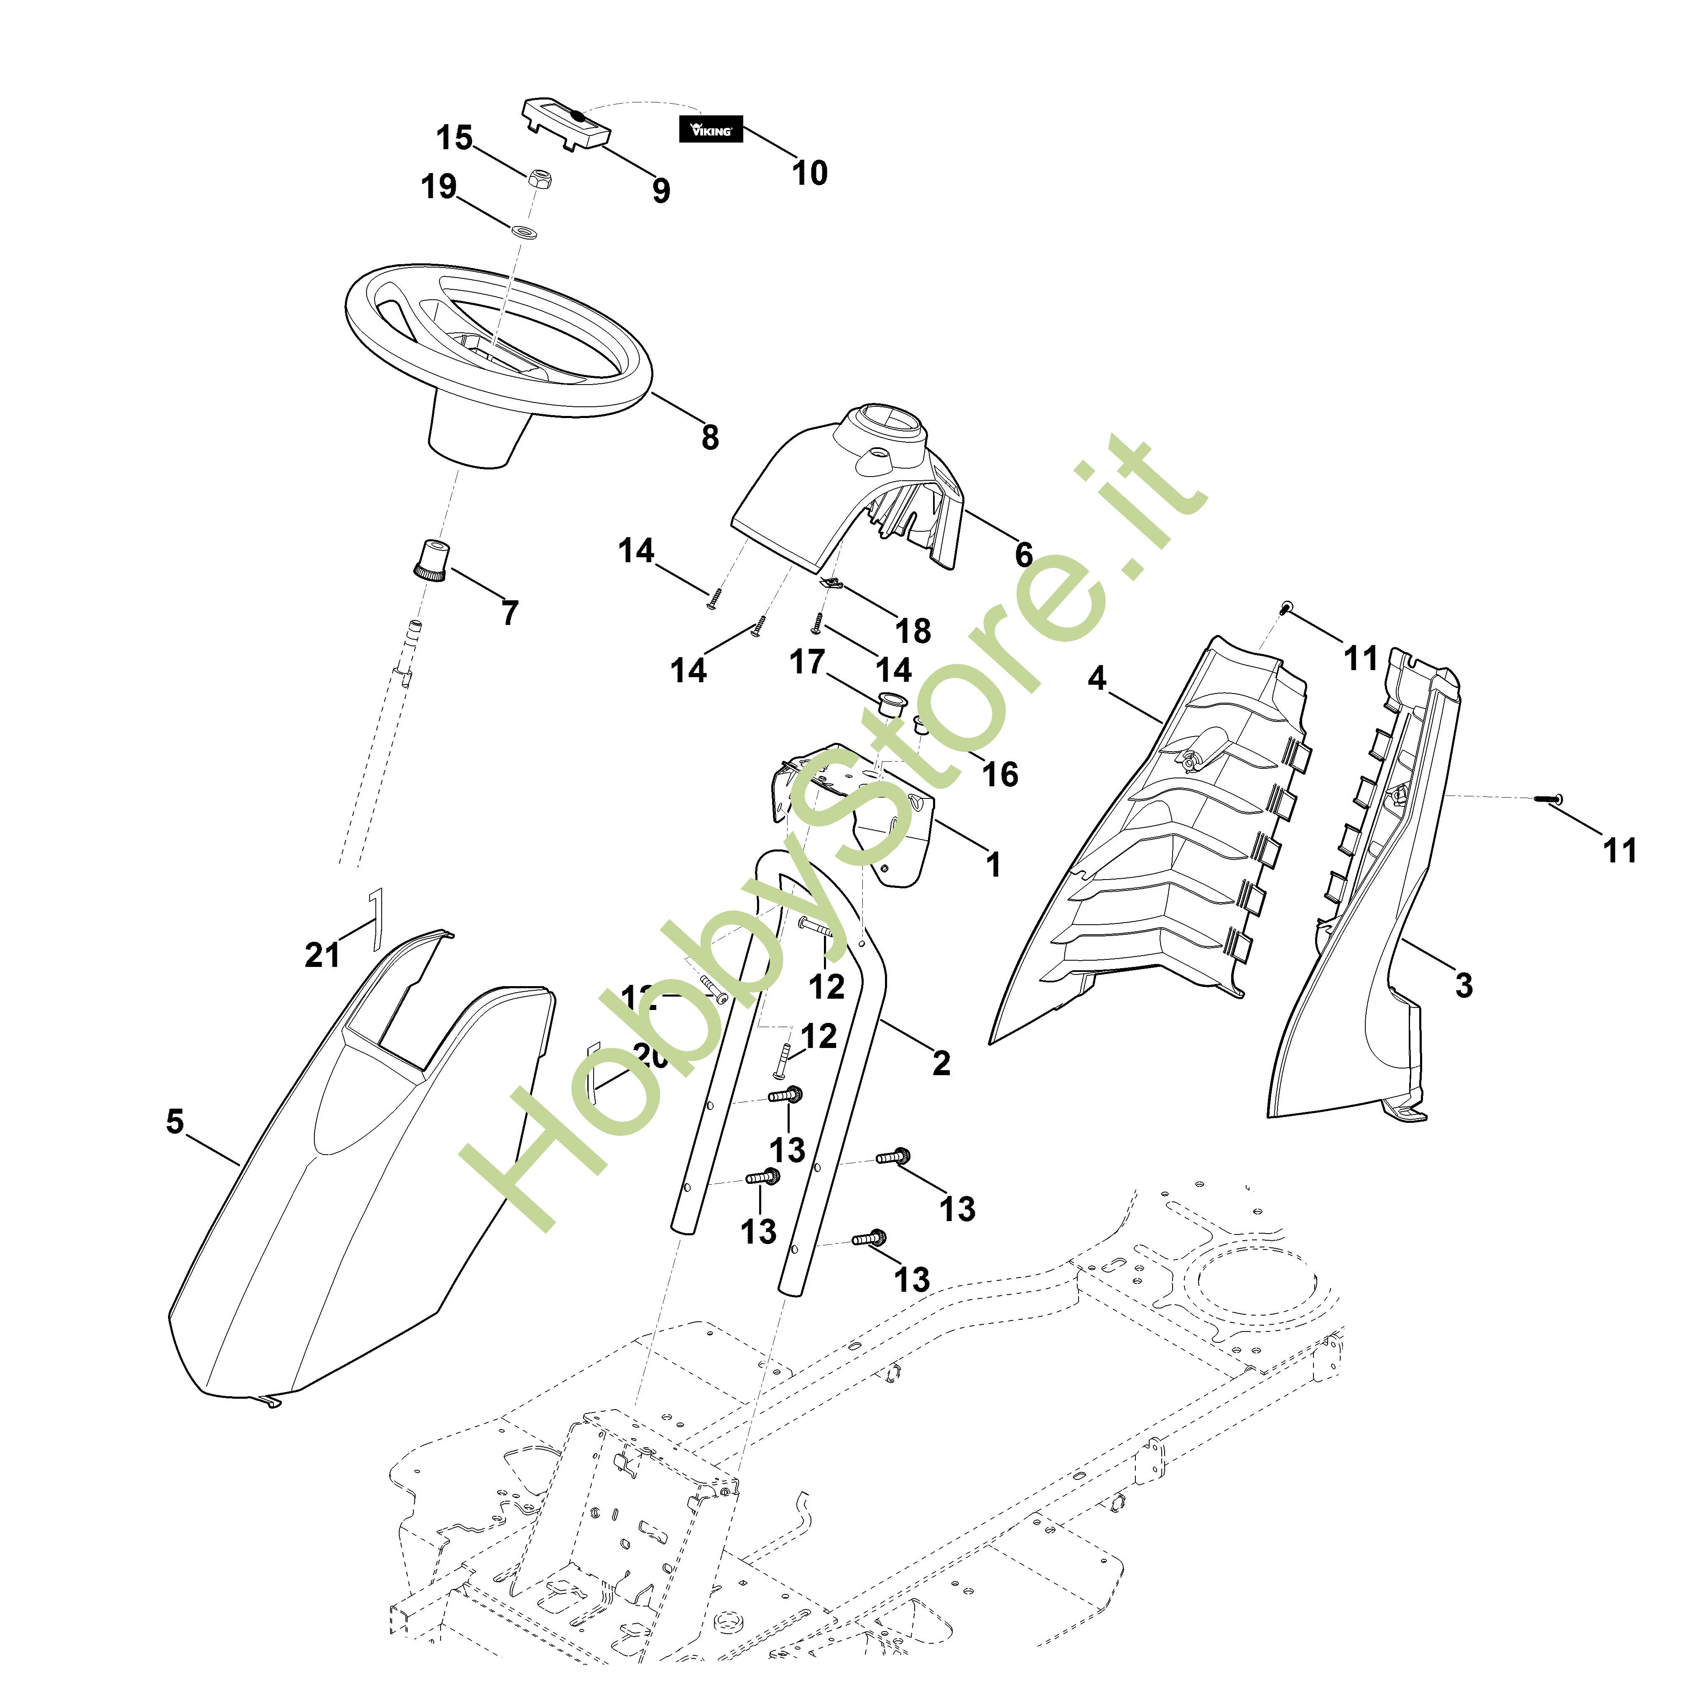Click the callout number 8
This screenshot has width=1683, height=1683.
[x=710, y=436]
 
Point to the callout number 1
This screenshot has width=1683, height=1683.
[x=993, y=865]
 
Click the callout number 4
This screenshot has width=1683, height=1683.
[x=1097, y=678]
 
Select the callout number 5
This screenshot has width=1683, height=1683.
[x=175, y=1122]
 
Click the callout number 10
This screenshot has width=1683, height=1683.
[x=809, y=173]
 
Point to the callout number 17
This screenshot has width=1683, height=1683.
[x=807, y=662]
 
